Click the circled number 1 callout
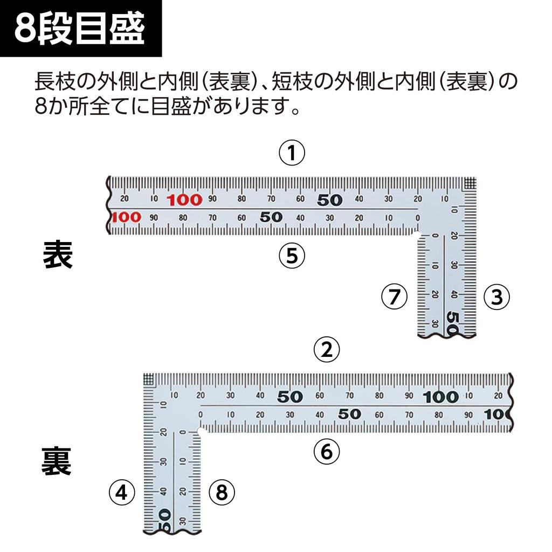292,154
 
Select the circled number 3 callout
496,297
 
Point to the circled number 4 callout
121,492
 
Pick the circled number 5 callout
292,255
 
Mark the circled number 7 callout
394,297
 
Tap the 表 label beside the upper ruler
58,256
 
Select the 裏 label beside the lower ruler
57,463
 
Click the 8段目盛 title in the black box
80,30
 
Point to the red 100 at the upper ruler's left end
126,217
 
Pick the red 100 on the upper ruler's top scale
184,200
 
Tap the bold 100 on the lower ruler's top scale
440,398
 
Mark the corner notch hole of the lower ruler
201,432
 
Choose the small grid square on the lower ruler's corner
149,379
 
